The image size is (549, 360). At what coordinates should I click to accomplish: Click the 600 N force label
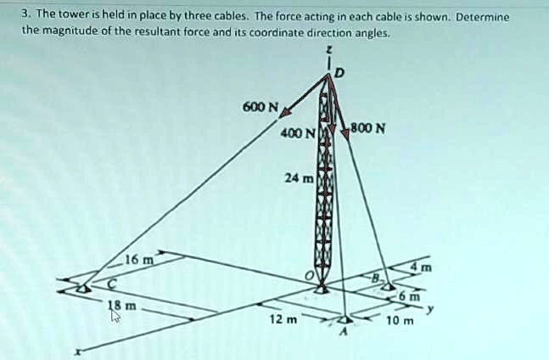tap(259, 107)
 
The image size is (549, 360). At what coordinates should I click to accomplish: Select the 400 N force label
tap(299, 133)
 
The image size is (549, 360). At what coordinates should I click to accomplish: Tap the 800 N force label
tap(370, 130)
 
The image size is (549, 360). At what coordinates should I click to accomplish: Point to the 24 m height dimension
tap(300, 179)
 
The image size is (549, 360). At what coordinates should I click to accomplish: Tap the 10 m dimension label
tap(399, 321)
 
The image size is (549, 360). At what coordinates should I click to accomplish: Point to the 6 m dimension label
tap(411, 297)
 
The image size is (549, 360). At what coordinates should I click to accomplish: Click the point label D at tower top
tap(340, 74)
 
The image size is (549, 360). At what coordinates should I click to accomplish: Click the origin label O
tap(311, 276)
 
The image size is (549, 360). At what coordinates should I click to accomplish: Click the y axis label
tap(430, 310)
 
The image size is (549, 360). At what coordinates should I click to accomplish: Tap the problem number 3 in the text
tap(26, 16)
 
